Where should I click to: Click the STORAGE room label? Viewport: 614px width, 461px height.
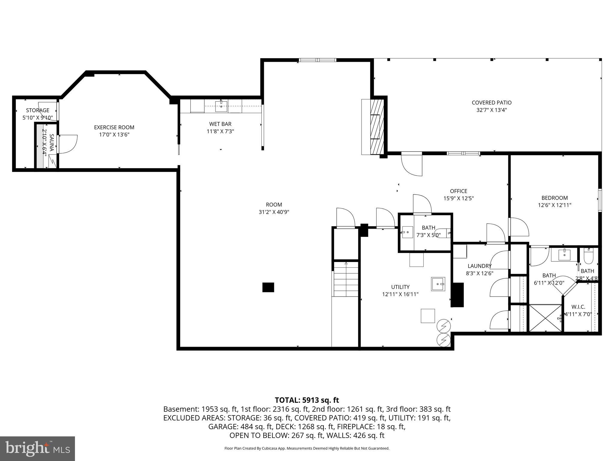(37, 110)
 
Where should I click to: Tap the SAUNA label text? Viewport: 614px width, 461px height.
(51, 143)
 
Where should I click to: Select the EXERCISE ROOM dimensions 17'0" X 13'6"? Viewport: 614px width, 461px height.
(114, 135)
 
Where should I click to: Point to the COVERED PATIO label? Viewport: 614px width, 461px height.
(491, 103)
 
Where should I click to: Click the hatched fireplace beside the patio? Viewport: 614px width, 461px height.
(377, 127)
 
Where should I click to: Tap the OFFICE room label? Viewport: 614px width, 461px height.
(458, 191)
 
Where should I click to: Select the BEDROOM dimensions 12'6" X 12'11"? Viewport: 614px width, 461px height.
(554, 205)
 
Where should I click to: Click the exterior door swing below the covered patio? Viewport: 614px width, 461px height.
(412, 164)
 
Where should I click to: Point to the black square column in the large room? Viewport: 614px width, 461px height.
(268, 287)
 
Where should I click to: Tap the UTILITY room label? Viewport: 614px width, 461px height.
(400, 287)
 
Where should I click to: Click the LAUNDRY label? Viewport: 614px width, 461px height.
(479, 266)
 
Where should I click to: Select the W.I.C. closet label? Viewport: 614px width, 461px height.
(578, 307)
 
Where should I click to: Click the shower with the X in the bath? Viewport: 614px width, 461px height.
(545, 318)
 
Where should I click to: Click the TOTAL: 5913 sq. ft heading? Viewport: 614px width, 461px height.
(307, 400)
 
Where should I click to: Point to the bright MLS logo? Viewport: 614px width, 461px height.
(37, 448)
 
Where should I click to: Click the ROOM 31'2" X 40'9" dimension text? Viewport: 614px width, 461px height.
(274, 212)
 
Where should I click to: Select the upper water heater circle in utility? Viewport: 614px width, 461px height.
(444, 326)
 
